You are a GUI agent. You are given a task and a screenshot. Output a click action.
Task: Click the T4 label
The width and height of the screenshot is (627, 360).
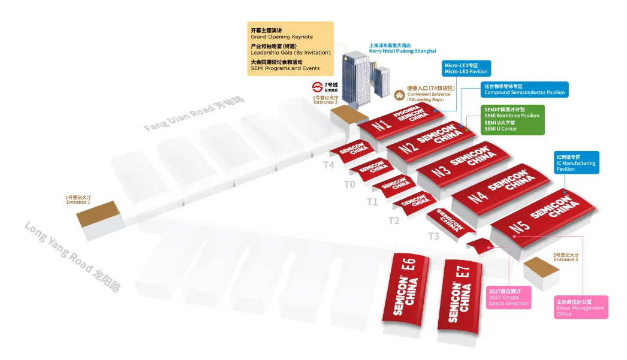point(328,165)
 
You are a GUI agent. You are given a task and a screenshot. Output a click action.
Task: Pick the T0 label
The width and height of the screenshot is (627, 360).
point(349,184)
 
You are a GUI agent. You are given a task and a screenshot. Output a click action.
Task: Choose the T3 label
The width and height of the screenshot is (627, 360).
point(433,236)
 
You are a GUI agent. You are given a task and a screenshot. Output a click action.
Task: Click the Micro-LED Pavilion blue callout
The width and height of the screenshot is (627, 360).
point(466,68)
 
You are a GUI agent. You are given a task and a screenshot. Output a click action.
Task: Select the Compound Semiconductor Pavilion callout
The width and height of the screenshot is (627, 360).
point(524,89)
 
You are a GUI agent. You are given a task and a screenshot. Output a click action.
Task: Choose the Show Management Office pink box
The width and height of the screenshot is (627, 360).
point(581,307)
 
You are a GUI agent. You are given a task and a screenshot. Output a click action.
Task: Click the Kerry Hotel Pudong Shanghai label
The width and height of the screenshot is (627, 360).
point(402,48)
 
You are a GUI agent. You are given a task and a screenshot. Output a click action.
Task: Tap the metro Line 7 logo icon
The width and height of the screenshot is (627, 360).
point(317,87)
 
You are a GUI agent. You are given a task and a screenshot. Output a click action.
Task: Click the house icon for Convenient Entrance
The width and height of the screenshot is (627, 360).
point(399,95)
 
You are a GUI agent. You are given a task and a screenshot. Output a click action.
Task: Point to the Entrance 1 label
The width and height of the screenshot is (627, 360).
point(78,199)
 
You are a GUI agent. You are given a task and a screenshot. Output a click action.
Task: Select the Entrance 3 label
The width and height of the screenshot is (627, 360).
point(566,257)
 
